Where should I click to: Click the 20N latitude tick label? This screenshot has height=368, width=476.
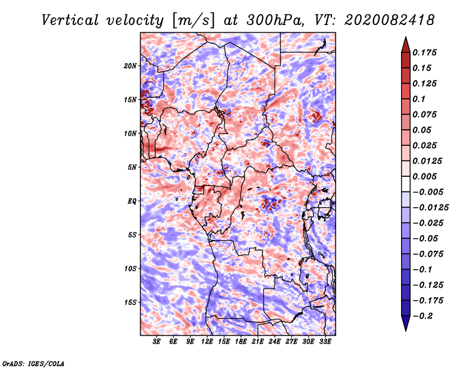pyautogui.click(x=130, y=66)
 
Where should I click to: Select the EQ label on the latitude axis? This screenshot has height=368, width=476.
pyautogui.click(x=131, y=201)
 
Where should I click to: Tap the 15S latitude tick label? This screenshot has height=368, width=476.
pyautogui.click(x=130, y=302)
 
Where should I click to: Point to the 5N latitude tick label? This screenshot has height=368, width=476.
pyautogui.click(x=132, y=167)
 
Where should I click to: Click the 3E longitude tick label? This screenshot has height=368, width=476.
pyautogui.click(x=156, y=342)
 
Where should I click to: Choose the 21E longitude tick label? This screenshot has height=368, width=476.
pyautogui.click(x=258, y=342)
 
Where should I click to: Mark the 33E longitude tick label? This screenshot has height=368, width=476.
pyautogui.click(x=325, y=342)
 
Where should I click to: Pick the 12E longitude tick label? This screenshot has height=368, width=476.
pyautogui.click(x=207, y=342)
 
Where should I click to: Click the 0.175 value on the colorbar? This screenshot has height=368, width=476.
pyautogui.click(x=424, y=52)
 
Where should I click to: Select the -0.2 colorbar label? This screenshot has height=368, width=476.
pyautogui.click(x=422, y=316)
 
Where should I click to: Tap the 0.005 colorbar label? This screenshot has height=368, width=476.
pyautogui.click(x=424, y=176)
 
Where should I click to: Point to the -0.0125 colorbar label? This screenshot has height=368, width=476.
pyautogui.click(x=430, y=208)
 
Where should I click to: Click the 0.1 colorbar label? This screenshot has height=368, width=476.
pyautogui.click(x=419, y=99)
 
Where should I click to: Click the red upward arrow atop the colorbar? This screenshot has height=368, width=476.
pyautogui.click(x=406, y=45)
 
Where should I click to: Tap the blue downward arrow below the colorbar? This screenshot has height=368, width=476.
pyautogui.click(x=406, y=323)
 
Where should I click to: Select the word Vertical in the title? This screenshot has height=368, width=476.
pyautogui.click(x=70, y=20)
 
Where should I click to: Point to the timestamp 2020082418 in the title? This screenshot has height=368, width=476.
pyautogui.click(x=390, y=20)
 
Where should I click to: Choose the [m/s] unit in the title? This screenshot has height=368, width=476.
pyautogui.click(x=194, y=20)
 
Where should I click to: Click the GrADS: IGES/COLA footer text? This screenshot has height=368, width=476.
pyautogui.click(x=33, y=363)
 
